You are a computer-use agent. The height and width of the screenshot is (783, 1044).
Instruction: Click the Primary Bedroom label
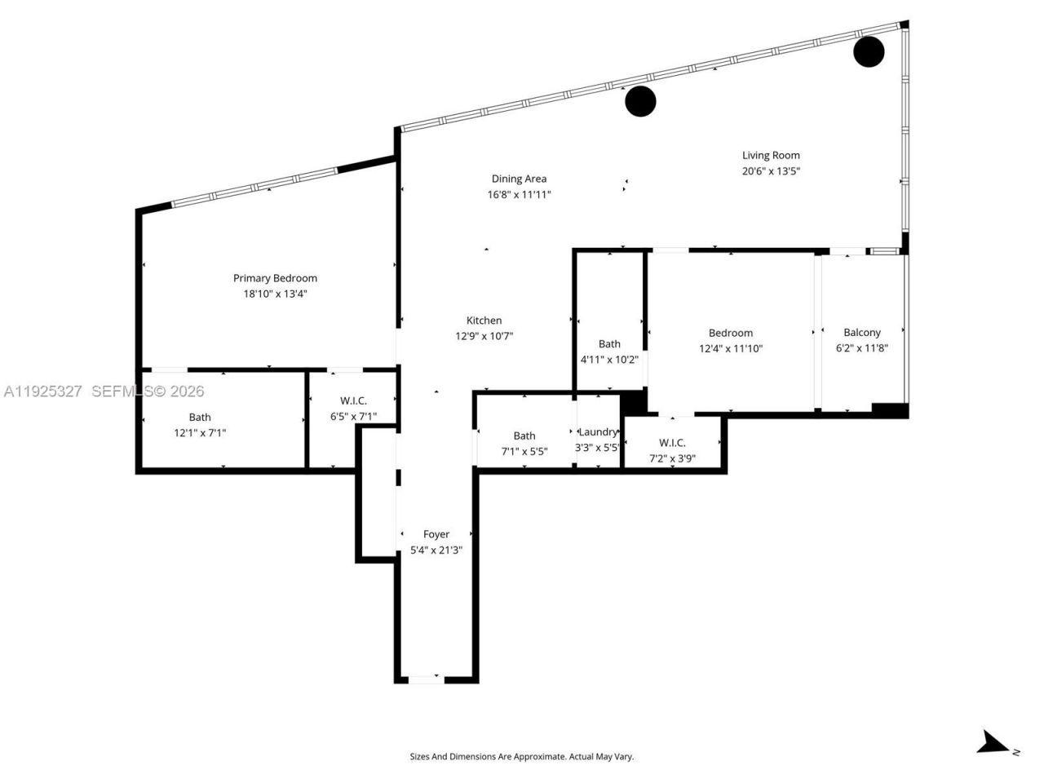click(275, 278)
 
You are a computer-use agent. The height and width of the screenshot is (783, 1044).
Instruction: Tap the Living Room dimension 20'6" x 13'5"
click(771, 171)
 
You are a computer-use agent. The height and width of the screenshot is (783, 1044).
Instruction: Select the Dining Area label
click(519, 179)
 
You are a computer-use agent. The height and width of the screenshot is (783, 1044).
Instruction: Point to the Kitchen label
click(484, 321)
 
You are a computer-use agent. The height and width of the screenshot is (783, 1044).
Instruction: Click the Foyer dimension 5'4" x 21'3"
click(436, 550)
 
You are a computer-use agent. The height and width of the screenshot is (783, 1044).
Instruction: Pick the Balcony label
click(862, 332)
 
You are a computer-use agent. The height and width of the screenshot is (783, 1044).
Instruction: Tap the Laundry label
click(598, 431)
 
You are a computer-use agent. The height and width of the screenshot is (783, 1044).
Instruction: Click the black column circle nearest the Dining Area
click(640, 101)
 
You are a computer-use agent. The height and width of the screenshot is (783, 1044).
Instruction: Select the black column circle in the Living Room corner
click(869, 51)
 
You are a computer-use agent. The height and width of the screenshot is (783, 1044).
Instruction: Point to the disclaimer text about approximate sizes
click(521, 757)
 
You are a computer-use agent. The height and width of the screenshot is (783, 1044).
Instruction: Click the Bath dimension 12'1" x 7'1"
click(200, 433)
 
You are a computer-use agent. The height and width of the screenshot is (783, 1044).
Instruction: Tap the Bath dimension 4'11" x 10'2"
click(609, 360)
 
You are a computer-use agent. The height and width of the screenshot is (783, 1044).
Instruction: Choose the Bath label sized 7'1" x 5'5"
click(524, 436)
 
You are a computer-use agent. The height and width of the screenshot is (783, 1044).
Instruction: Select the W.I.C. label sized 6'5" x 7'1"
click(353, 400)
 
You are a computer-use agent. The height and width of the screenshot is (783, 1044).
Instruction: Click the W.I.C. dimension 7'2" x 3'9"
click(672, 458)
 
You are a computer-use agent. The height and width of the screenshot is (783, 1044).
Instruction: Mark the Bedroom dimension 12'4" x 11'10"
click(731, 348)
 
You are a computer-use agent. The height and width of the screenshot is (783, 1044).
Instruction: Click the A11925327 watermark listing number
click(42, 391)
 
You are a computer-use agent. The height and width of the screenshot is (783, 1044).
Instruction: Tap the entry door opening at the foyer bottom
click(425, 679)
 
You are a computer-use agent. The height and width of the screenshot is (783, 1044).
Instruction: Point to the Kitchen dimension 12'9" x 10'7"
click(484, 336)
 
